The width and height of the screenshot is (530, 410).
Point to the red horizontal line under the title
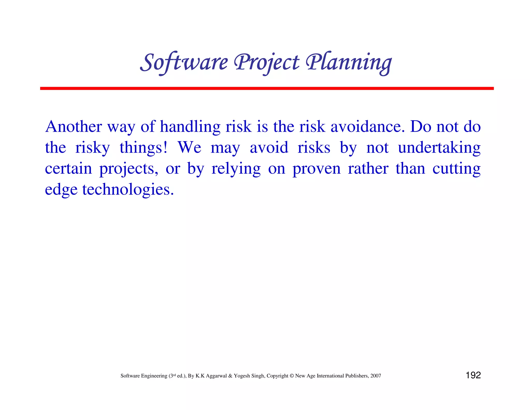click(267, 88)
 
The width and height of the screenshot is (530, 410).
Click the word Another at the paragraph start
click(73, 127)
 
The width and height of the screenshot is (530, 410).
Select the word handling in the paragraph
click(190, 127)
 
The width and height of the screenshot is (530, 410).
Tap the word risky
click(92, 148)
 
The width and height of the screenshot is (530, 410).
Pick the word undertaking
click(439, 148)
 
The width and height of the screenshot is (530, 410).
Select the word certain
click(68, 169)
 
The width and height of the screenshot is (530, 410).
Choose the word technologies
click(128, 190)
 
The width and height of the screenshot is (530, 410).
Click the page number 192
click(473, 375)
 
